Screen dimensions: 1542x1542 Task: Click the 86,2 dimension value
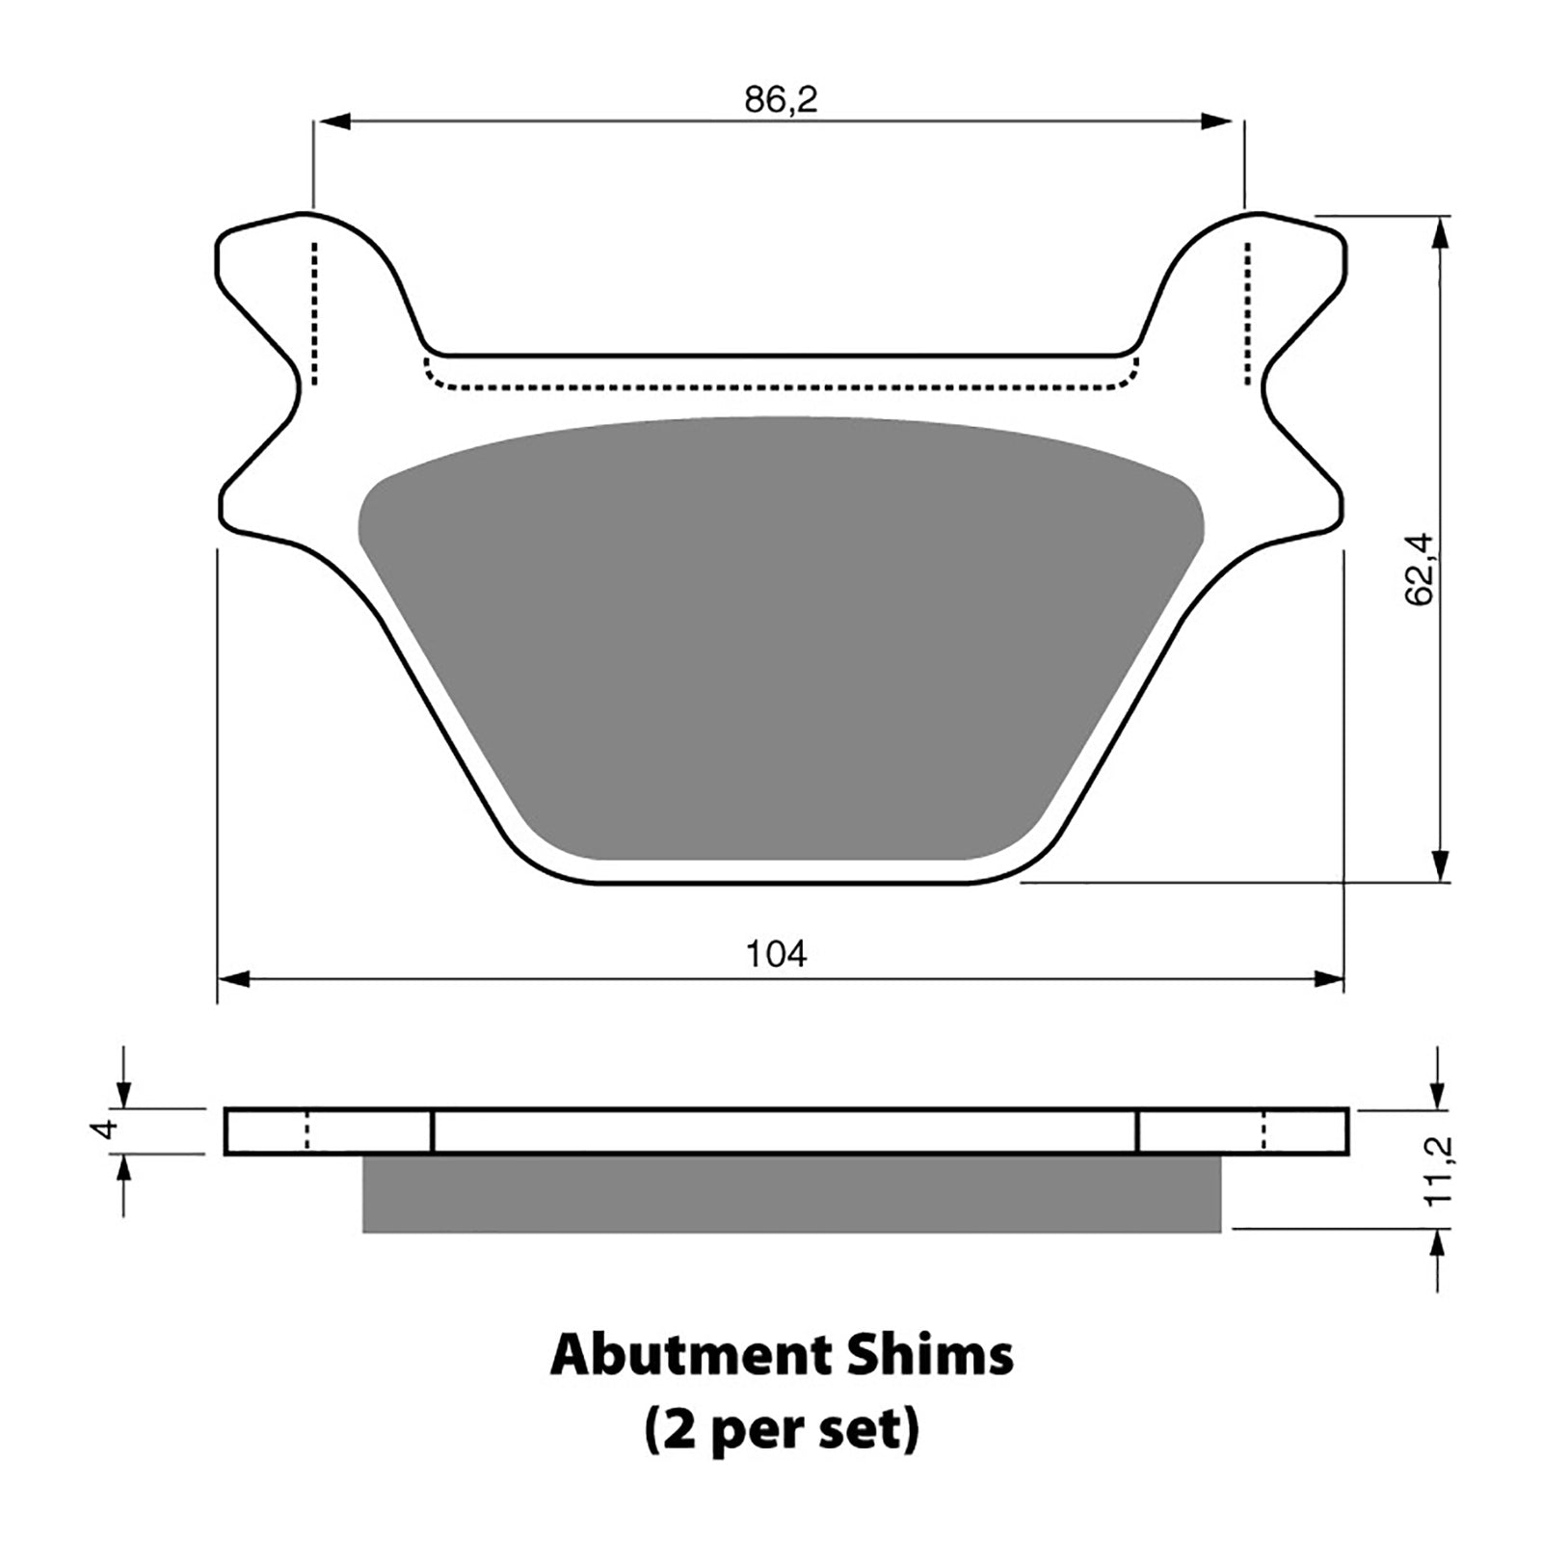[x=780, y=99]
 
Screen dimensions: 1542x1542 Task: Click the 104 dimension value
[x=776, y=954]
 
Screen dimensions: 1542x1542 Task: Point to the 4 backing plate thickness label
[x=108, y=1129]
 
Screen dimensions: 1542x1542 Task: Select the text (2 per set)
[x=781, y=1432]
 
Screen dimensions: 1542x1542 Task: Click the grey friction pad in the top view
[x=781, y=636]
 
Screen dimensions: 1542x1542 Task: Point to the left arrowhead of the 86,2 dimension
[x=332, y=121]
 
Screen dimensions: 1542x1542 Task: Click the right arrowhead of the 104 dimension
[x=1330, y=979]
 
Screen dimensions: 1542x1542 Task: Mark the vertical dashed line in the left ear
[x=313, y=313]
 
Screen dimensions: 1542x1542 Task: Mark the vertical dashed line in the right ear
[x=1249, y=313]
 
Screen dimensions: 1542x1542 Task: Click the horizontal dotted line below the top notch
[x=781, y=387]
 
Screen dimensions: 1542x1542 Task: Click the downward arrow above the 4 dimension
[x=122, y=1095]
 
